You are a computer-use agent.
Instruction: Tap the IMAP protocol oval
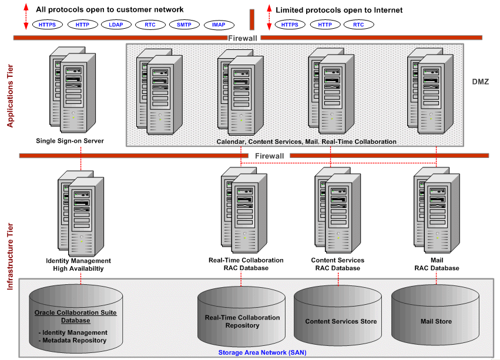(x=219, y=25)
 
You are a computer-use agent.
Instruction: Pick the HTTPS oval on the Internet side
(x=290, y=25)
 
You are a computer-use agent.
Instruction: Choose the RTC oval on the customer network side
(x=149, y=25)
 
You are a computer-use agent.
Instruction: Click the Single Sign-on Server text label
(x=70, y=141)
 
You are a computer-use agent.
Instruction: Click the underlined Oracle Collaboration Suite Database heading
(x=76, y=317)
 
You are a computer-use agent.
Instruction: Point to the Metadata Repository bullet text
(x=72, y=341)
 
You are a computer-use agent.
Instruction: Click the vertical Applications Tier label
(x=10, y=96)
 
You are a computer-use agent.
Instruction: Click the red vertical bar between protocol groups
(x=251, y=19)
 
